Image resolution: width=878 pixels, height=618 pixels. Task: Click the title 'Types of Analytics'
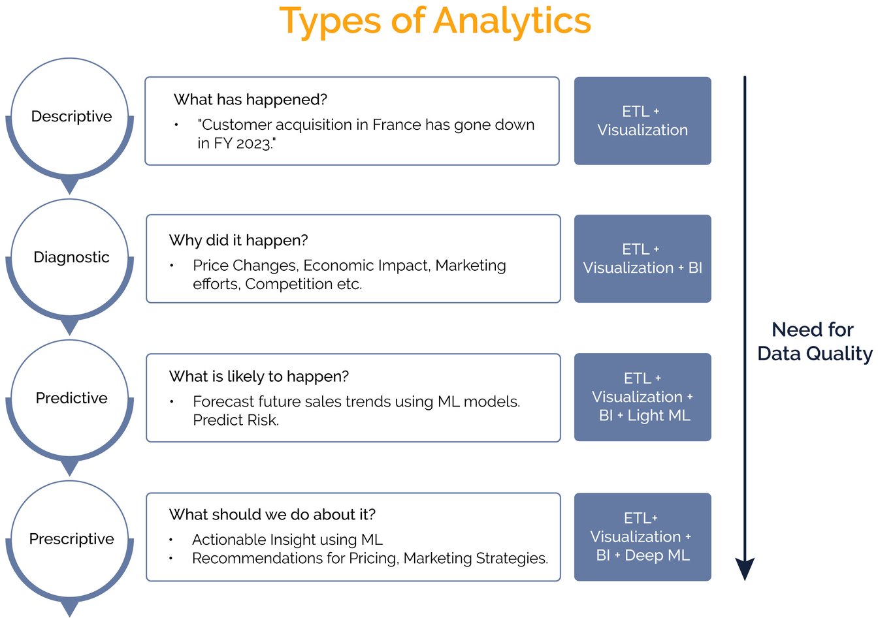pyautogui.click(x=435, y=22)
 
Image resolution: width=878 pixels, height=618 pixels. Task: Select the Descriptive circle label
pyautogui.click(x=71, y=117)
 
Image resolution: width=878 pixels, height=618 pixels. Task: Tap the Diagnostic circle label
pyautogui.click(x=71, y=257)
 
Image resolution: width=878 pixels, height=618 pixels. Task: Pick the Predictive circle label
pyautogui.click(x=71, y=398)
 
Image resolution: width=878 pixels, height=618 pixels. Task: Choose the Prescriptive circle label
pyautogui.click(x=71, y=539)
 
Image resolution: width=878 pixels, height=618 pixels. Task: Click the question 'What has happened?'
pyautogui.click(x=250, y=100)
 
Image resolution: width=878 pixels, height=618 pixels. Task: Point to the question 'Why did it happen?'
pyautogui.click(x=238, y=240)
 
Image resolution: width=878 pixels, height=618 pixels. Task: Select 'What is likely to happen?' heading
pyautogui.click(x=259, y=377)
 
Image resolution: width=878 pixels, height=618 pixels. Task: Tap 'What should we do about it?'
pyautogui.click(x=272, y=515)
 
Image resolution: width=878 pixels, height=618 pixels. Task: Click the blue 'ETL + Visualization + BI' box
pyautogui.click(x=642, y=258)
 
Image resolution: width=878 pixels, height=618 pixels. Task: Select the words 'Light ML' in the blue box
pyautogui.click(x=658, y=416)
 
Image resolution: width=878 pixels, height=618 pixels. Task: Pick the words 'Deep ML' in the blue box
pyautogui.click(x=657, y=555)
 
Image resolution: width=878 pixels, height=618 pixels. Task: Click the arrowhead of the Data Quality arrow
pyautogui.click(x=745, y=568)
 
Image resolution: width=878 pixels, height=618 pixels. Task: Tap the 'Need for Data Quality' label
pyautogui.click(x=815, y=341)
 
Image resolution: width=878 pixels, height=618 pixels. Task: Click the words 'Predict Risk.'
pyautogui.click(x=236, y=420)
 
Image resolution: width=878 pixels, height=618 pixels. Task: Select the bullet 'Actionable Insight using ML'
pyautogui.click(x=287, y=540)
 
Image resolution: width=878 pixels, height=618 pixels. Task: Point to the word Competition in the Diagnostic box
pyautogui.click(x=289, y=285)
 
